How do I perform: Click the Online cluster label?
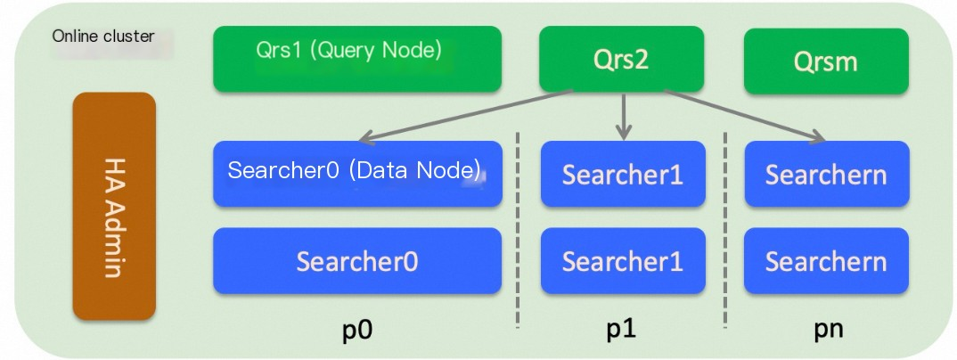pos(103,37)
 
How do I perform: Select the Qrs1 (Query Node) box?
pos(356,59)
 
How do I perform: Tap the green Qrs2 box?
pos(621,59)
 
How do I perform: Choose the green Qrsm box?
pos(825,61)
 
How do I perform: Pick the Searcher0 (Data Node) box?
pos(356,173)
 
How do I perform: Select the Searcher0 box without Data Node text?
pos(356,261)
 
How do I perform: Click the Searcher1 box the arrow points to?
pos(622,174)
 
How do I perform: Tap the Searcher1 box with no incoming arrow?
pos(622,261)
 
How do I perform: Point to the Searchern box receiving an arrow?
pos(825,174)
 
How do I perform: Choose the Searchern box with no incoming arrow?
pos(825,261)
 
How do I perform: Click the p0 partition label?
pos(356,329)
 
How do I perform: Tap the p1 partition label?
pos(621,329)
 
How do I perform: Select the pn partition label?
pos(828,329)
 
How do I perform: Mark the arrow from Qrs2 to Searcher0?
pos(463,116)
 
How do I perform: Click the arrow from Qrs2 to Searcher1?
pos(623,114)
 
